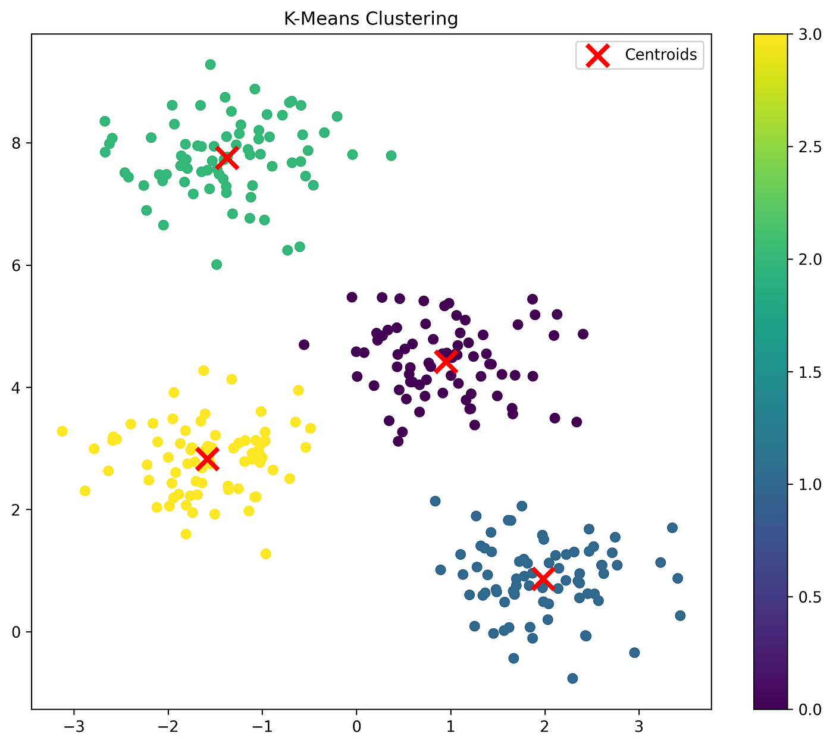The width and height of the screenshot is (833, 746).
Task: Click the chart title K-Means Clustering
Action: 370,19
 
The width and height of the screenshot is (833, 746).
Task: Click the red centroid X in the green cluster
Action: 227,158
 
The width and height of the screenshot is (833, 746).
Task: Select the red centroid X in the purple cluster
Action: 446,360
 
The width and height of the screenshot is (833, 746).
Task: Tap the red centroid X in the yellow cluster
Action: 207,459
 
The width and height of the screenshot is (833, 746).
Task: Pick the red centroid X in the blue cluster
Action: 543,578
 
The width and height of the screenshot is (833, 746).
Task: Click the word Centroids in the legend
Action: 660,55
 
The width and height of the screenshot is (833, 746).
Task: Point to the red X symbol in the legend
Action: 598,55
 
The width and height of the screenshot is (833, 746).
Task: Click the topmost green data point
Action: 210,64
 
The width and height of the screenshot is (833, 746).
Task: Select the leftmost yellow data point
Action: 62,431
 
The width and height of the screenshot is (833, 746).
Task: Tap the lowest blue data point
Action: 572,678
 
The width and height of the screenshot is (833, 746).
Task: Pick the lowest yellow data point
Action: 266,554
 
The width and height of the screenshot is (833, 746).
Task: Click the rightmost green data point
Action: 391,155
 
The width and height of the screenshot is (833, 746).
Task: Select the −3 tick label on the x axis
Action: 73,727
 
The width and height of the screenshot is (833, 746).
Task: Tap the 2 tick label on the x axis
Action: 544,727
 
